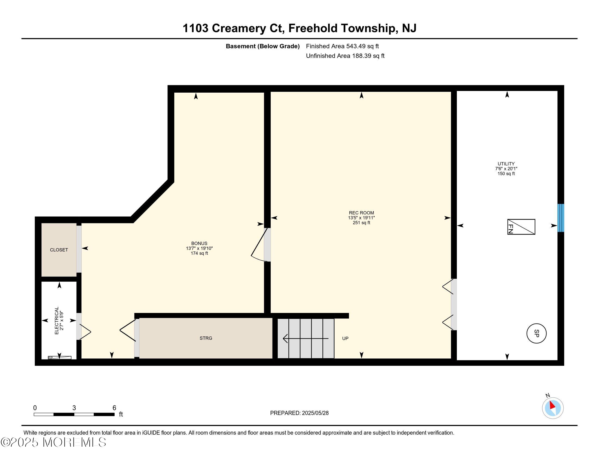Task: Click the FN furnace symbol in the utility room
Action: click(x=521, y=227)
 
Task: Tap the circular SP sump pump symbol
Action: click(x=536, y=334)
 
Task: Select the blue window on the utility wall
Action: click(x=561, y=218)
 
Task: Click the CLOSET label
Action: click(x=59, y=250)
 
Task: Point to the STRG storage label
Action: click(x=206, y=338)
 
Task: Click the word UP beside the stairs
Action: click(x=345, y=339)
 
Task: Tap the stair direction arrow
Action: click(x=305, y=339)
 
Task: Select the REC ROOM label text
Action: click(x=362, y=213)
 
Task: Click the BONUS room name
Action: click(x=199, y=243)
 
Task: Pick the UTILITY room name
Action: click(x=506, y=164)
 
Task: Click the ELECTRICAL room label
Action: click(x=57, y=320)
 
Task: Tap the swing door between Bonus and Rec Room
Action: click(x=259, y=244)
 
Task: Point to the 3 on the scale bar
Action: click(x=74, y=408)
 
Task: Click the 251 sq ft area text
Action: click(x=362, y=223)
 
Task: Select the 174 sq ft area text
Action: click(x=199, y=254)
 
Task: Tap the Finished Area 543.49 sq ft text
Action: click(x=342, y=46)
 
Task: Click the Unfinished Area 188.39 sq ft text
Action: click(x=345, y=56)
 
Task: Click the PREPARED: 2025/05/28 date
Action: click(x=299, y=413)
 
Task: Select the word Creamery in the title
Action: click(x=239, y=29)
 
